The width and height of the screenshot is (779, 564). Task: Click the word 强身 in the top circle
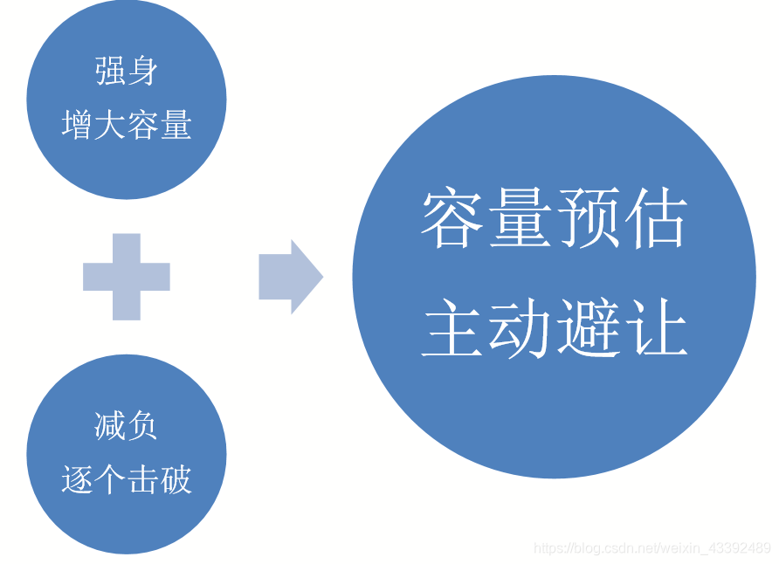point(127,72)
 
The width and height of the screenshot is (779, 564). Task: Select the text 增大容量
point(127,126)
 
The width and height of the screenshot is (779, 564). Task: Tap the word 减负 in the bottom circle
point(127,426)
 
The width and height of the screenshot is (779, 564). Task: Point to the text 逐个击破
point(127,479)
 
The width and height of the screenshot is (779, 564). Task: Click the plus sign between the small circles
point(127,277)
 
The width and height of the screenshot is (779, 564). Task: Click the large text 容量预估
point(555,218)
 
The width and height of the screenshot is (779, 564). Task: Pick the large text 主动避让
point(555,328)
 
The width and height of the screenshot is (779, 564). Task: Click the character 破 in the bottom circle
point(176,479)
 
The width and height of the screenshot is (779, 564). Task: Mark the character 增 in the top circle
point(78,126)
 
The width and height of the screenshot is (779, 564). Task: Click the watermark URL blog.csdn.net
point(651,548)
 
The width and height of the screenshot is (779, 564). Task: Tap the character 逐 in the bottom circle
point(78,479)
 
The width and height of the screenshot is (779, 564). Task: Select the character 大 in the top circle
point(110,126)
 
